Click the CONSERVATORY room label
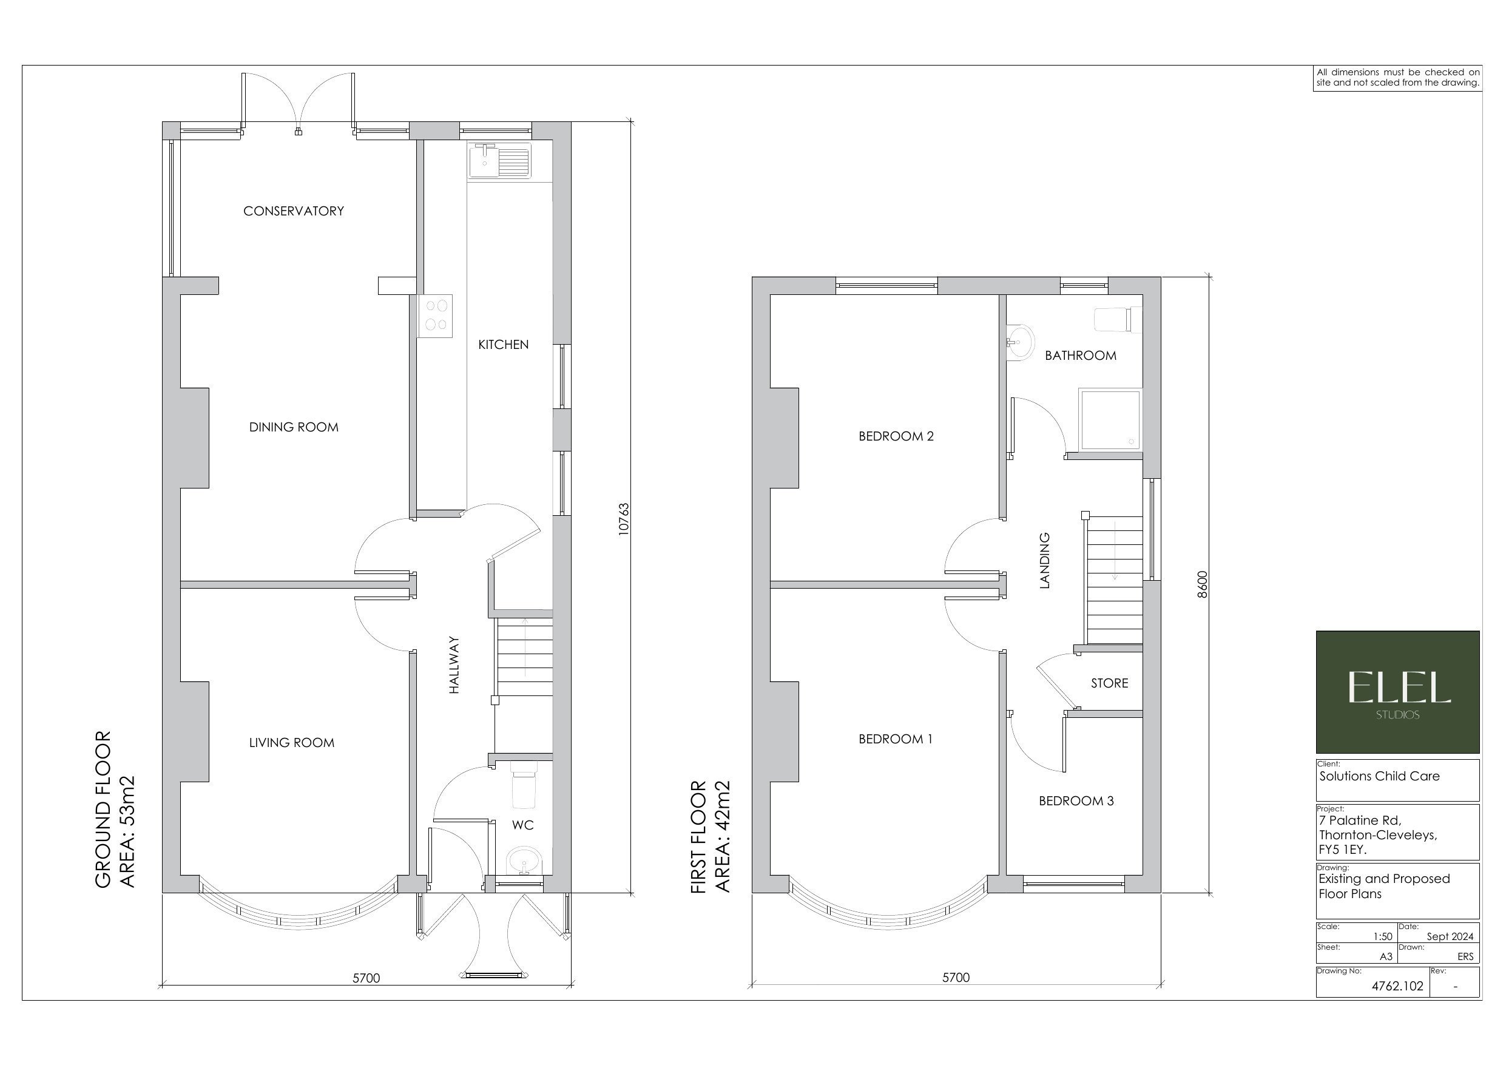click(293, 211)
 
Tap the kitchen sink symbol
click(499, 160)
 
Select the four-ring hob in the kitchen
click(436, 315)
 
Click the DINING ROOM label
click(294, 427)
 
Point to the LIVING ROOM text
click(291, 743)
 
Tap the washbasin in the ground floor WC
click(524, 860)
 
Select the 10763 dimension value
click(624, 519)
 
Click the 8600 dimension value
click(1202, 584)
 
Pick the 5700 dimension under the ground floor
click(366, 978)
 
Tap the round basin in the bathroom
click(1021, 342)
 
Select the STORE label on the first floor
click(1109, 684)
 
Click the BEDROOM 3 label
click(1076, 801)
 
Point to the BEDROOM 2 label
click(896, 436)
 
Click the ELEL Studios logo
click(1397, 692)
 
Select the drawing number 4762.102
click(1398, 986)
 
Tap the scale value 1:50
click(1382, 937)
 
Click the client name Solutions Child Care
click(1379, 776)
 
